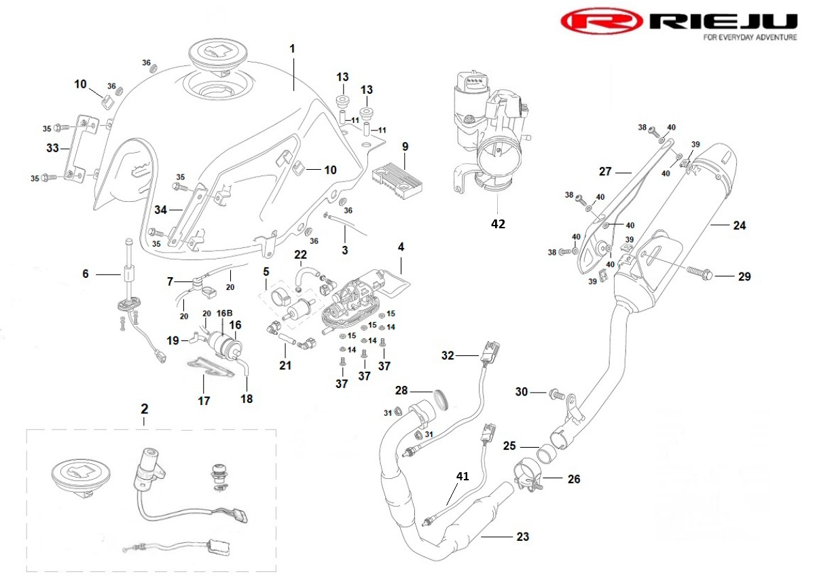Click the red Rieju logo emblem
click(602, 22)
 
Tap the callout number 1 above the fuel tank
click(293, 49)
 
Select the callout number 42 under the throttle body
click(499, 223)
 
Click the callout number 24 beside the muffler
click(740, 226)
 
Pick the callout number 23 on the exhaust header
click(522, 537)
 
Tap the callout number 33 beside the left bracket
click(52, 147)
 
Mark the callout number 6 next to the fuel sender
click(86, 274)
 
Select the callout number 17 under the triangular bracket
click(204, 401)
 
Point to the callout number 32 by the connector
click(447, 355)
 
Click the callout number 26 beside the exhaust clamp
click(574, 479)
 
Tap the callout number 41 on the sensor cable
click(462, 477)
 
